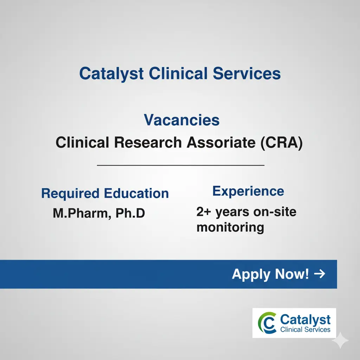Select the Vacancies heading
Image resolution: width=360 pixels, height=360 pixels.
point(182,121)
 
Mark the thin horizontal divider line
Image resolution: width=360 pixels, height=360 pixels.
point(180,165)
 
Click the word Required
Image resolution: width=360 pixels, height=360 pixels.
point(70,194)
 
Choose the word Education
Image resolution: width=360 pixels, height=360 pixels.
point(136,193)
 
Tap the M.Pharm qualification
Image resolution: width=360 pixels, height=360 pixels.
point(79,213)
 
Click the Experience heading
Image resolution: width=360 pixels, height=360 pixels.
point(248,191)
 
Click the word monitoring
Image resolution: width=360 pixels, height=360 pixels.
point(230,227)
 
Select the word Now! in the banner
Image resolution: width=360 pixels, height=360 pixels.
point(292,274)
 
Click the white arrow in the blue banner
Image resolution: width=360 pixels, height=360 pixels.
point(320,274)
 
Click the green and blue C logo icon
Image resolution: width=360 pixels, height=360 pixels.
point(267,323)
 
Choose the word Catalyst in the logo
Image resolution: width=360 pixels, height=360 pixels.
point(306,320)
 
